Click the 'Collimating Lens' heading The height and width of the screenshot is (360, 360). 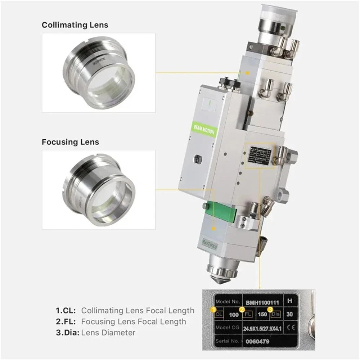pos(75,25)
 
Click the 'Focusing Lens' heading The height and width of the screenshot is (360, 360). pos(70,142)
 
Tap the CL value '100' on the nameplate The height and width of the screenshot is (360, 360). pos(234,315)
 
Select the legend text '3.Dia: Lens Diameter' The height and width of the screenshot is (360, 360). pos(95,333)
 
